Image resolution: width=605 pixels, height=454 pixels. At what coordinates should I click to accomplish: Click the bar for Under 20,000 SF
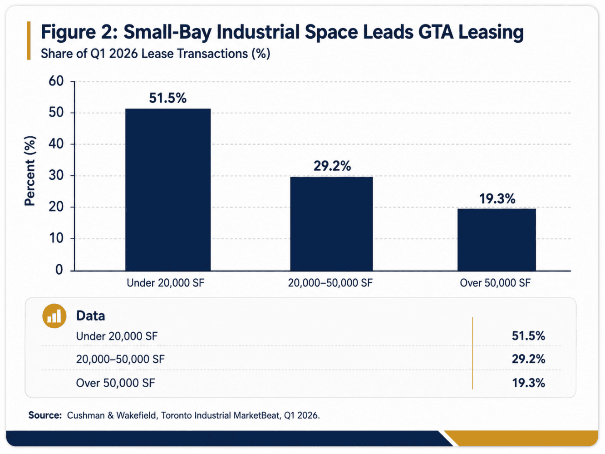pos(168,190)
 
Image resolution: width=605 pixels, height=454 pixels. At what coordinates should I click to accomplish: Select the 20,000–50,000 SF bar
pos(331,224)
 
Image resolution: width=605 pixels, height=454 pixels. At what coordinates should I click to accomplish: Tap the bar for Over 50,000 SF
pos(497,240)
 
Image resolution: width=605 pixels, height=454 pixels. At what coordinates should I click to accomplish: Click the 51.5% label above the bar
pos(168,98)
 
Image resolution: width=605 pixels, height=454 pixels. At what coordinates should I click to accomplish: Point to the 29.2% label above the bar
pos(332,166)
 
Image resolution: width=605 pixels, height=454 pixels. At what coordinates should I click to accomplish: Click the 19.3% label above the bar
pos(497,199)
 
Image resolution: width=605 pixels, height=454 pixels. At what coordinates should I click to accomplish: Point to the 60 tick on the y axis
pos(56,81)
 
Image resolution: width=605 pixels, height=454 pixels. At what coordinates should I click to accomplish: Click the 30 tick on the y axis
pos(56,175)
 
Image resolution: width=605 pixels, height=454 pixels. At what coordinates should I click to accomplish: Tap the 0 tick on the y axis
pos(59,270)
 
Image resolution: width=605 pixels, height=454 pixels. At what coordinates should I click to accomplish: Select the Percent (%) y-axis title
pos(30,171)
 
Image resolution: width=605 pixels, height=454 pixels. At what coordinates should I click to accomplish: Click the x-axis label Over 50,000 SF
pos(495,283)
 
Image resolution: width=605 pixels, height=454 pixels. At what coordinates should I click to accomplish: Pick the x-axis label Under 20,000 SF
pos(165,283)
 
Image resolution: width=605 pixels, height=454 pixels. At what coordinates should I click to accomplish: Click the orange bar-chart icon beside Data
pos(54,316)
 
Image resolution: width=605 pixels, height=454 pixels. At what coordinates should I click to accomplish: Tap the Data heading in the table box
pos(90,316)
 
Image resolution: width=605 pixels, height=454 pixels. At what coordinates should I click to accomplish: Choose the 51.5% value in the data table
pos(528,336)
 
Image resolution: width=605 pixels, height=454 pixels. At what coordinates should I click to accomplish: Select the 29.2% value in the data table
pos(528,359)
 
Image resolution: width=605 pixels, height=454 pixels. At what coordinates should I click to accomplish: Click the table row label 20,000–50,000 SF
pos(120,359)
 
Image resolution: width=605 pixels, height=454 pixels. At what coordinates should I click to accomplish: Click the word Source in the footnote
pos(45,415)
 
